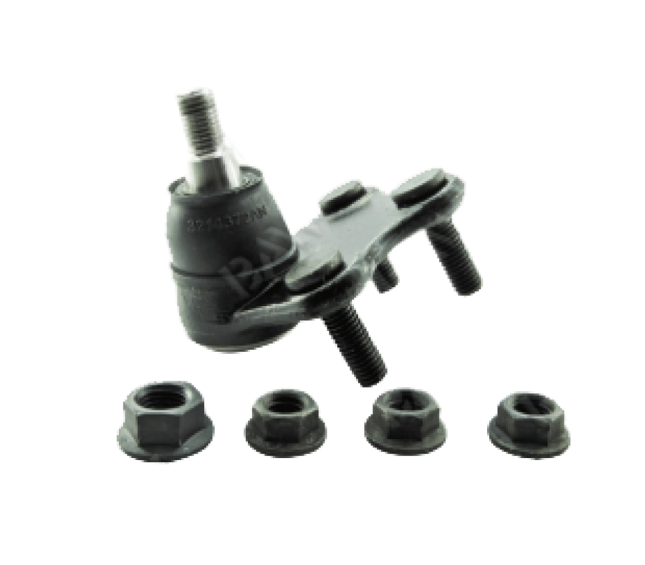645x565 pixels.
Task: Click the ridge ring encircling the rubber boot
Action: click(222, 275)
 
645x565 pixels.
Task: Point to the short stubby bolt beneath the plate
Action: click(387, 275)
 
